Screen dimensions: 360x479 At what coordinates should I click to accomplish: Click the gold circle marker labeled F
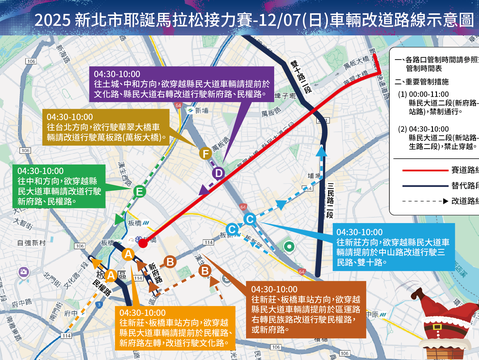[205, 153]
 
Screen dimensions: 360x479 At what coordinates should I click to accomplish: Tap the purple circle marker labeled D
[218, 173]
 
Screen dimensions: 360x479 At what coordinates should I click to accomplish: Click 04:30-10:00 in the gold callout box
[70, 118]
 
